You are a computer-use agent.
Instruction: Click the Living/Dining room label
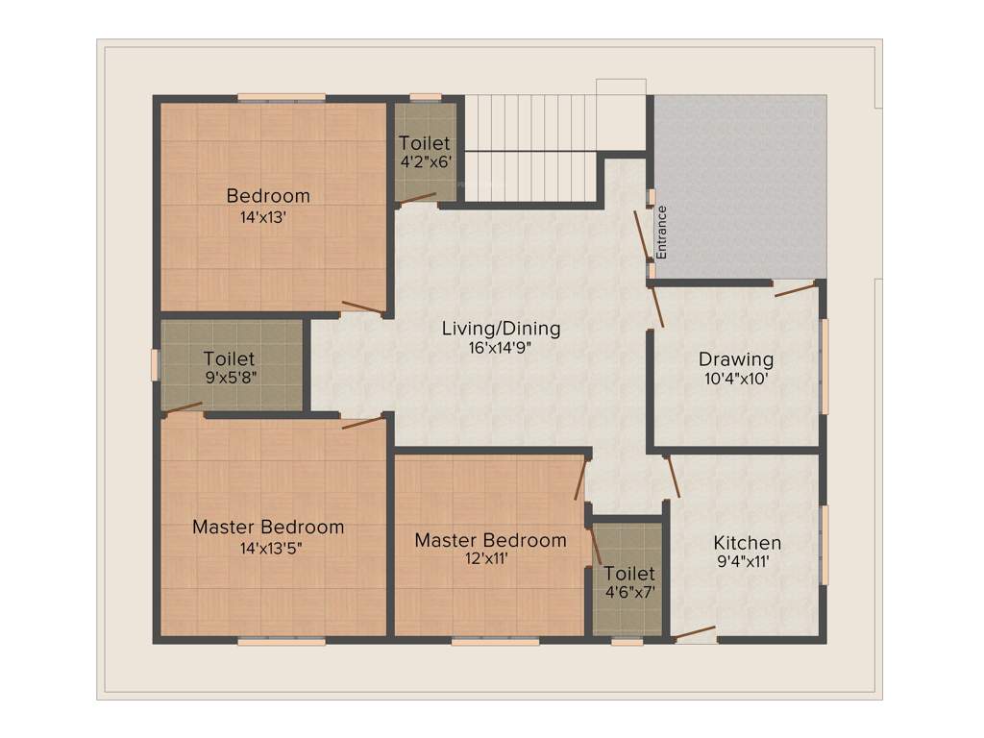[x=501, y=329]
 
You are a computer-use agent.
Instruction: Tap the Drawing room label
[x=735, y=360]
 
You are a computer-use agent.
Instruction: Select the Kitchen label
[x=747, y=543]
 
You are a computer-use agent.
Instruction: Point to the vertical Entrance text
[x=661, y=232]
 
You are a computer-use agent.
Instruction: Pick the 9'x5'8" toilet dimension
[x=229, y=378]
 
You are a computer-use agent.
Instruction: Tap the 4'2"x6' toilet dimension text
[x=425, y=162]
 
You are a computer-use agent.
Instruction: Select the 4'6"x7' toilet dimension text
[x=629, y=592]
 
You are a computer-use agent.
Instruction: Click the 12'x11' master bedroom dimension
[x=489, y=558]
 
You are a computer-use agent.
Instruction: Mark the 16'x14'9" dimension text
[x=500, y=348]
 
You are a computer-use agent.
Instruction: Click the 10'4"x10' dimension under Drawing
[x=735, y=379]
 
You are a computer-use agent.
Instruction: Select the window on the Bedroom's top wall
[x=281, y=96]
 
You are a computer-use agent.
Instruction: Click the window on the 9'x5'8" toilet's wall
[x=155, y=364]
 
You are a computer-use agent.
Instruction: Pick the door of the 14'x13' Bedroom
[x=363, y=307]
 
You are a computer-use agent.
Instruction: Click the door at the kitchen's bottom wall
[x=695, y=633]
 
